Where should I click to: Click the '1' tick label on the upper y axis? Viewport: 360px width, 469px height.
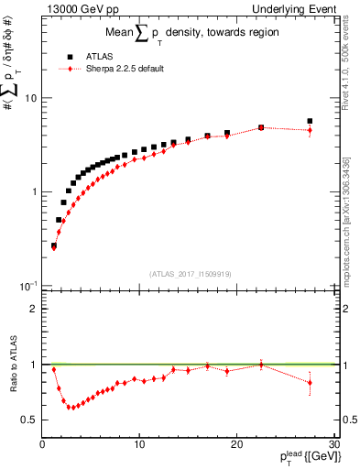point(34,191)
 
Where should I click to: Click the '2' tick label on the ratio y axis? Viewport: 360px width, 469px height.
point(34,309)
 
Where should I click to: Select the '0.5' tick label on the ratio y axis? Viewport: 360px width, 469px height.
point(29,420)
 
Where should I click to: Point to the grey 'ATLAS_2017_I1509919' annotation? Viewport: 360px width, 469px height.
point(189,272)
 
